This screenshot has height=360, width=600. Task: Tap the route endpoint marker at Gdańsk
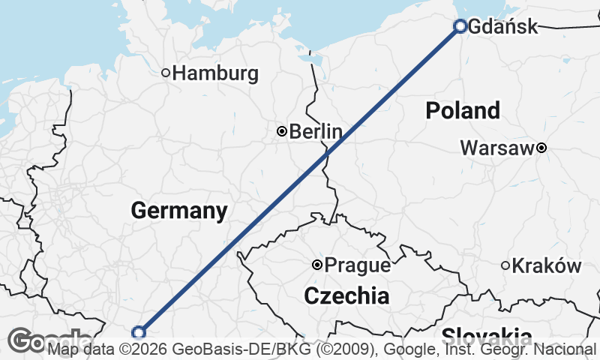(460, 26)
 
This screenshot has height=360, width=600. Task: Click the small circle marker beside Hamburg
(166, 73)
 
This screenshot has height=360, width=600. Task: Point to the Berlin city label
(315, 132)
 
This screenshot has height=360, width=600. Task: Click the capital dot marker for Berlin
(281, 131)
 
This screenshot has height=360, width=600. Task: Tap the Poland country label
(462, 111)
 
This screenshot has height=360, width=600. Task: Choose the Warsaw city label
(496, 148)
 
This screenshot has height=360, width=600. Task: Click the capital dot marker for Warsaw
(540, 148)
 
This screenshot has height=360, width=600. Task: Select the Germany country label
(178, 211)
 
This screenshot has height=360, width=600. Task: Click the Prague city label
(357, 265)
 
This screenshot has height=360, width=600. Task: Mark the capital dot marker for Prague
(317, 265)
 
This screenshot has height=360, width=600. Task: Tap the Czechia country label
(346, 296)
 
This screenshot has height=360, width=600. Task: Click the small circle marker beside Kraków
(505, 265)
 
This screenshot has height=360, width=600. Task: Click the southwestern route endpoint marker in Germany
(138, 332)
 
